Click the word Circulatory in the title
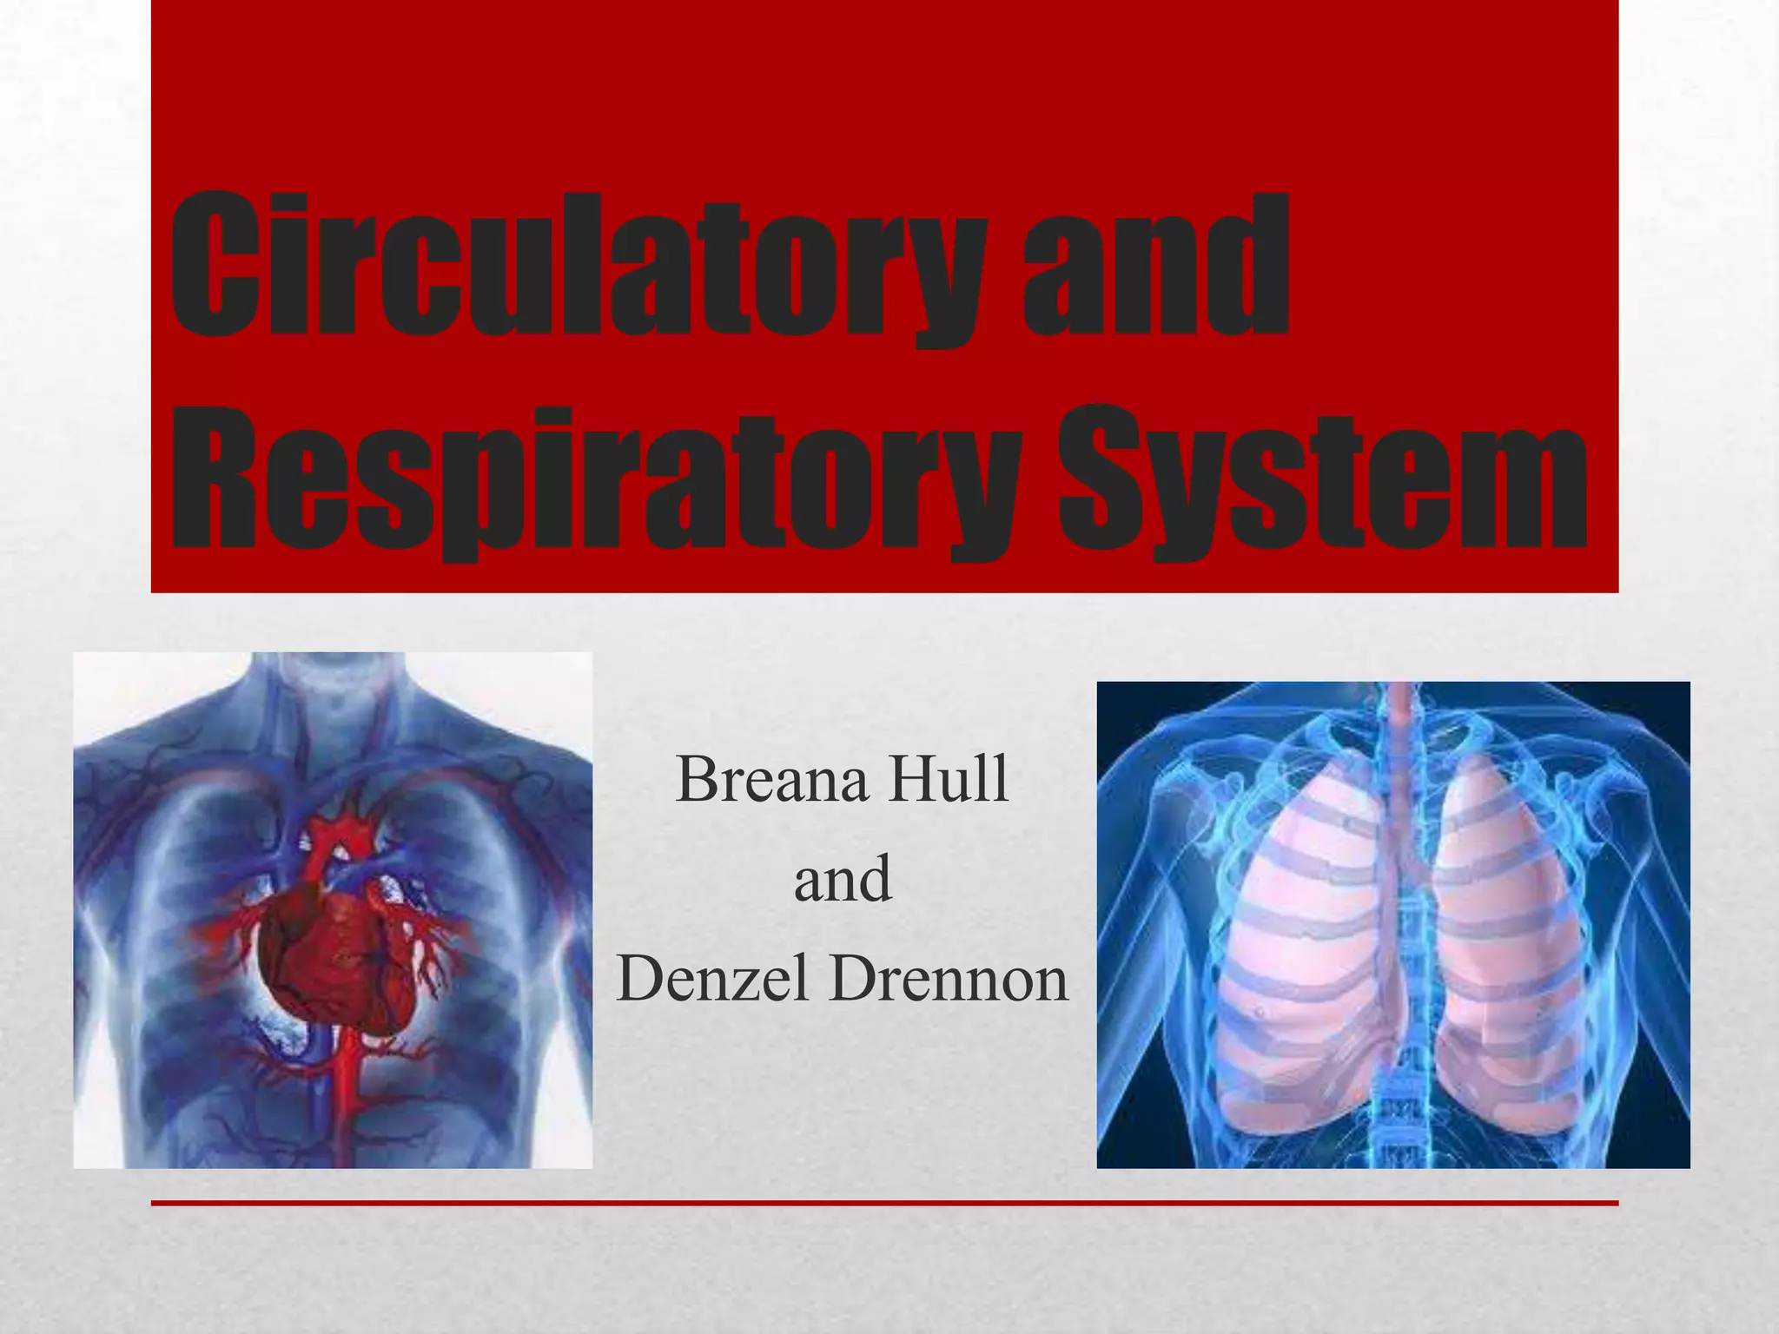coord(578,265)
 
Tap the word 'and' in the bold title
coord(1155,265)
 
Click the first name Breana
coord(771,780)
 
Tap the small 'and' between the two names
coord(842,879)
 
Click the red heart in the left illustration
coord(334,964)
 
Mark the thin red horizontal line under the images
coord(884,1203)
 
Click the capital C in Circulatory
coord(213,265)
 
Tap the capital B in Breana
coord(697,780)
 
